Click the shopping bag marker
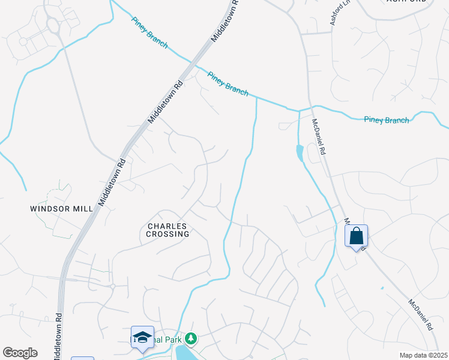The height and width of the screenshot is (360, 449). [x=356, y=236]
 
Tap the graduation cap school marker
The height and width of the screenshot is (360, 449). [x=142, y=338]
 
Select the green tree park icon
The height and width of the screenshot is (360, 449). [x=191, y=340]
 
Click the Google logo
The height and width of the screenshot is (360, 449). [x=20, y=353]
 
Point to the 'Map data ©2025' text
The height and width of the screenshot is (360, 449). [x=423, y=355]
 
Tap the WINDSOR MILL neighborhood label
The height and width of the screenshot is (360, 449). [x=62, y=209]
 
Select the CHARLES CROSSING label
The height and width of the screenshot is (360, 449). [x=168, y=230]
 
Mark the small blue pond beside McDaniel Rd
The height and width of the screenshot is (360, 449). [x=300, y=154]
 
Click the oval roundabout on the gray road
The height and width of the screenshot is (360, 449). [x=52, y=25]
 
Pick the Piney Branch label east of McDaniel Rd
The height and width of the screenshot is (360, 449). [x=386, y=120]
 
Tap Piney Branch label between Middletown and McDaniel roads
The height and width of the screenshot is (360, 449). [x=228, y=83]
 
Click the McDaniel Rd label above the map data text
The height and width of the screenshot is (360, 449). [x=420, y=316]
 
